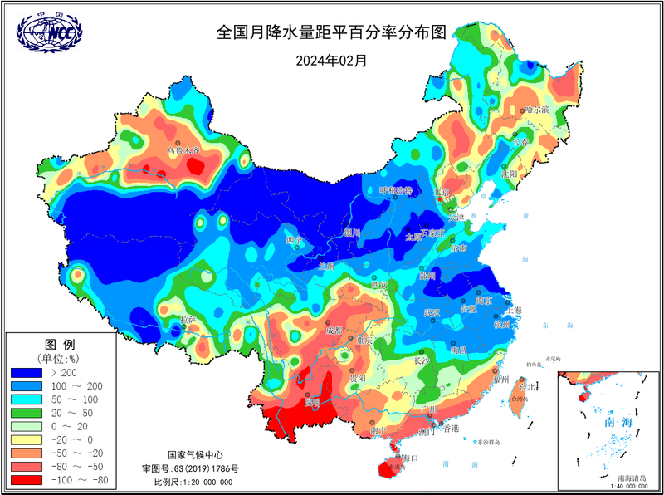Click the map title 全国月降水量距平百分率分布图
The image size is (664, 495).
(331, 32)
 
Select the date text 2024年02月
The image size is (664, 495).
(331, 60)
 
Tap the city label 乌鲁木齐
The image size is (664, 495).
(184, 150)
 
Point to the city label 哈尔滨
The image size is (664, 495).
(538, 109)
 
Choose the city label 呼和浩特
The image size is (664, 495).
(396, 191)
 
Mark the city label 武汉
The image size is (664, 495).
(432, 312)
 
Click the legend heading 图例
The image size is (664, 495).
(59, 344)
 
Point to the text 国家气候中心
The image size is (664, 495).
(195, 455)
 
